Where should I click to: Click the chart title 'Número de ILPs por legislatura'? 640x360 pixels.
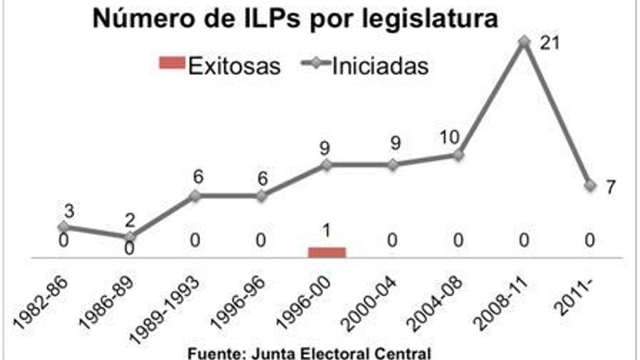pos(295,19)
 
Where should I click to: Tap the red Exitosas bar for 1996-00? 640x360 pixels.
pos(327,252)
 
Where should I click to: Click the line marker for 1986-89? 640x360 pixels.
pos(129,237)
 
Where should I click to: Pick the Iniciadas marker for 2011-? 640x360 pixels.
pos(589,186)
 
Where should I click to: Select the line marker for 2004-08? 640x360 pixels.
pos(458,155)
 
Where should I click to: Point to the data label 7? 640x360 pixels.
pos(611,187)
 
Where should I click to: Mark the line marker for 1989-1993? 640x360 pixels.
pos(195,196)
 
